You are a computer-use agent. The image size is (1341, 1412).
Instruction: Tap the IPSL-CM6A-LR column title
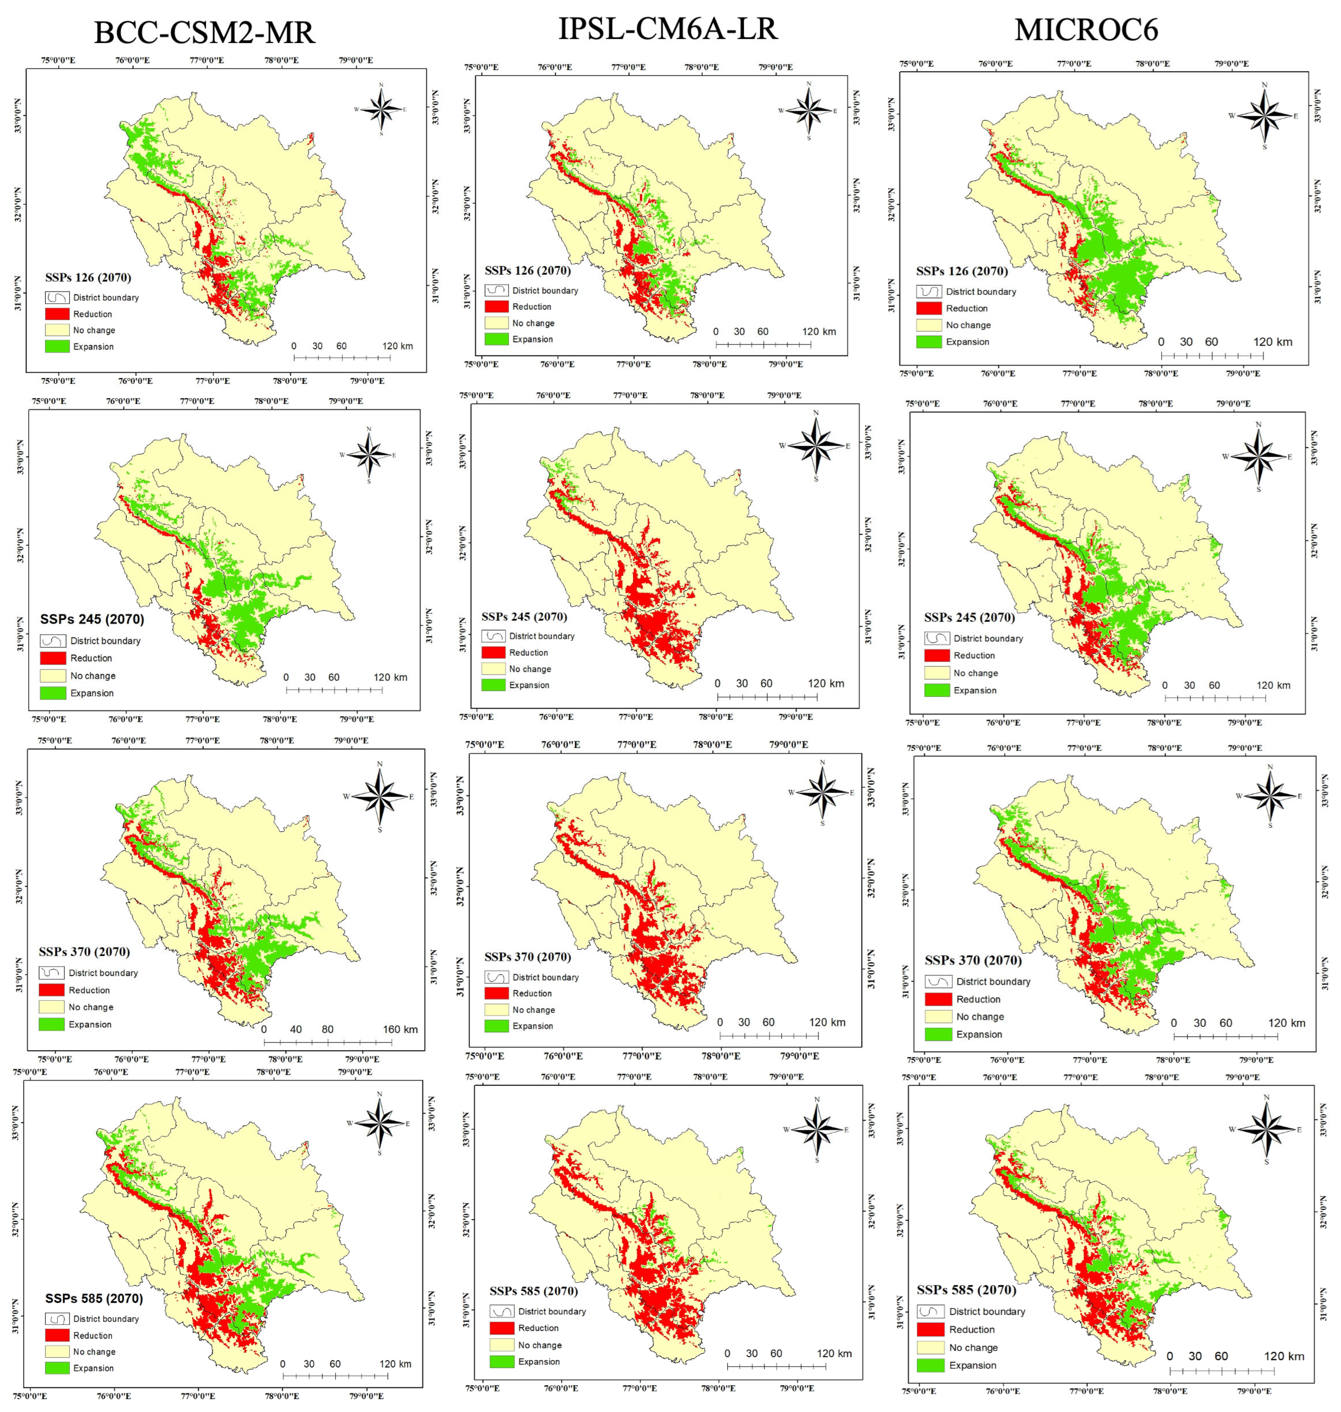668,29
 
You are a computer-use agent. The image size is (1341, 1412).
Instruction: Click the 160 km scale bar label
400,1029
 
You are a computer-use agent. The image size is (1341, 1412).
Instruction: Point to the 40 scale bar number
296,1029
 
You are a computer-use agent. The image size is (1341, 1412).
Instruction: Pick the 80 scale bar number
328,1029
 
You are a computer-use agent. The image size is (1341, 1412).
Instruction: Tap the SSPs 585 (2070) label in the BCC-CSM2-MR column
94,1298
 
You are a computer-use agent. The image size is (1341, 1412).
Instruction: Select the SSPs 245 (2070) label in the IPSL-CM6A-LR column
524,616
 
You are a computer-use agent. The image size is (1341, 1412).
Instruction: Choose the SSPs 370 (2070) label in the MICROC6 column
973,960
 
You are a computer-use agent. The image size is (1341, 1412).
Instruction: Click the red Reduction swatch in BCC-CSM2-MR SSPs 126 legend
57,314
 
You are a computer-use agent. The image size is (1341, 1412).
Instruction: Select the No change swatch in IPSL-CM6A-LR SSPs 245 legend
493,668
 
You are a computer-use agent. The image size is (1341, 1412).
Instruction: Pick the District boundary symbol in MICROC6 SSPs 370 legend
939,981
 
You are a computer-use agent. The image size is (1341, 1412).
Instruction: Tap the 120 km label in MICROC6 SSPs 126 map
1273,342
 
